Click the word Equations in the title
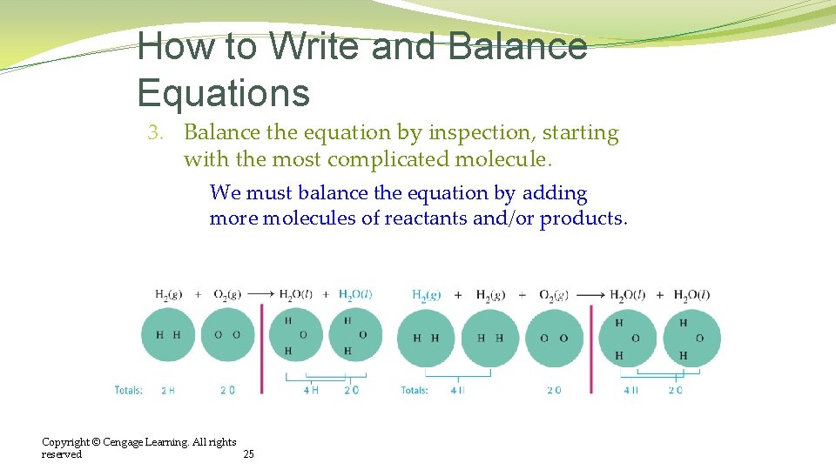[x=223, y=92]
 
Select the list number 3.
[x=155, y=133]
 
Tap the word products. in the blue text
[x=583, y=218]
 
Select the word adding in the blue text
[x=555, y=193]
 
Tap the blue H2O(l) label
[x=355, y=295]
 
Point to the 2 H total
[x=168, y=391]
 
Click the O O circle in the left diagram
[x=228, y=335]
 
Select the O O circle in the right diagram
[x=554, y=339]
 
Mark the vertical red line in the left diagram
[x=262, y=348]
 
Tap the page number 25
[x=248, y=454]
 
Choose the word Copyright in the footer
[x=66, y=442]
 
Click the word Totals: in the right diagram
[x=415, y=391]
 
